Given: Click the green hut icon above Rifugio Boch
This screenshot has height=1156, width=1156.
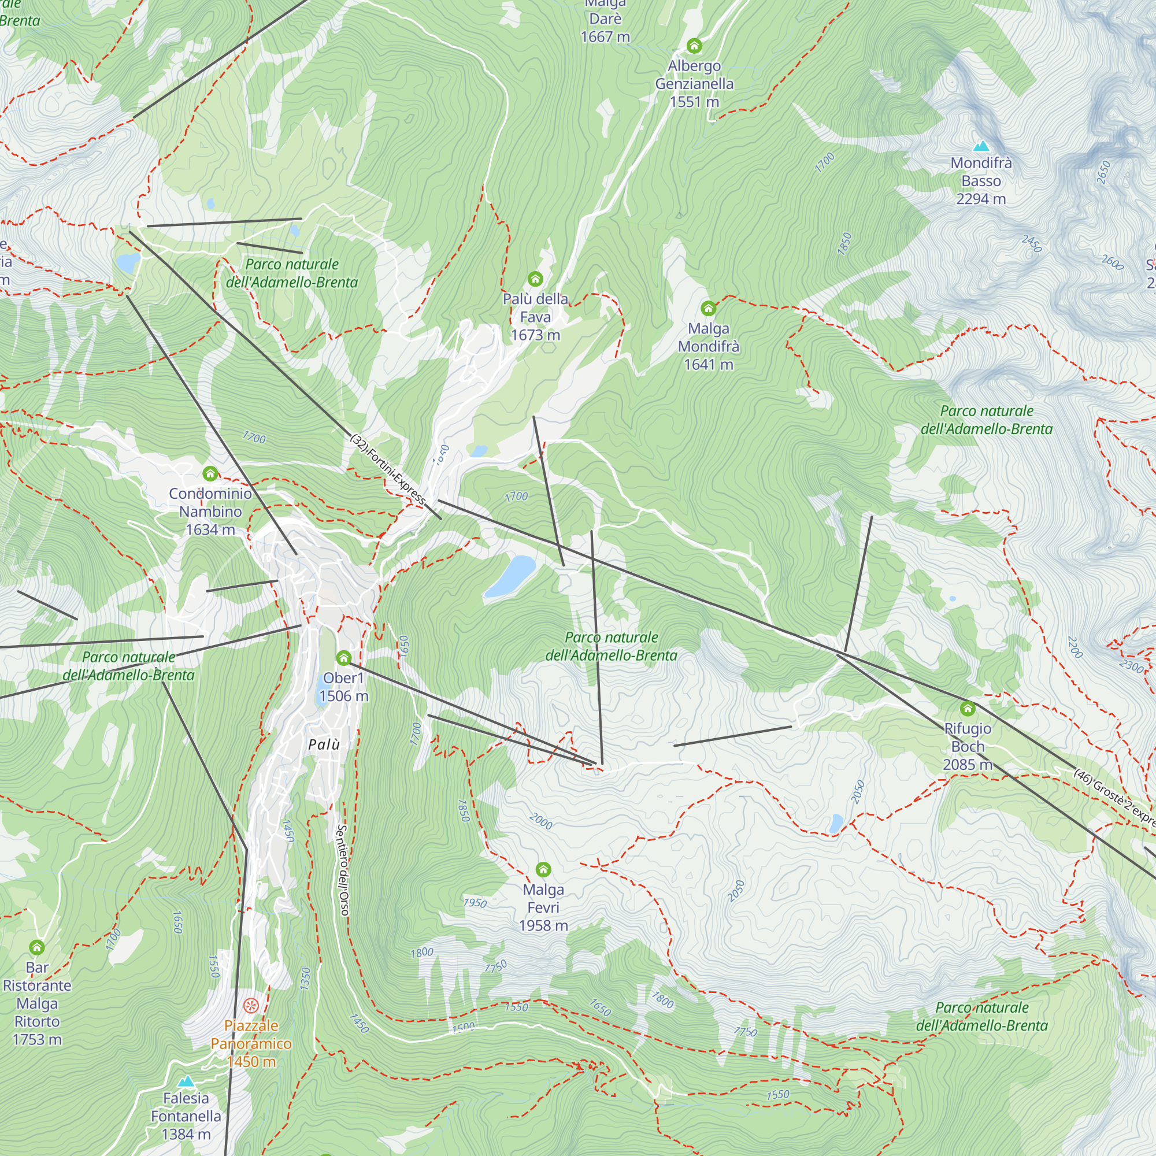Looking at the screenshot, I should [968, 709].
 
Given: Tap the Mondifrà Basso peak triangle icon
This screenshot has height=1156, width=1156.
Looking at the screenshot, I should [981, 146].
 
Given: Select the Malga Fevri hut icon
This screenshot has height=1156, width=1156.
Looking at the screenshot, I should [543, 869].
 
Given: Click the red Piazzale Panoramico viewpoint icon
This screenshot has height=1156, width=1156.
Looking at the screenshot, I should [251, 1005].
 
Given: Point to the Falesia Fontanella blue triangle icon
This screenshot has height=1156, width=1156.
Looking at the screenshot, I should [187, 1081].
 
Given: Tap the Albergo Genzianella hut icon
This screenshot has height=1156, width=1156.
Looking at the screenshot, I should [694, 46].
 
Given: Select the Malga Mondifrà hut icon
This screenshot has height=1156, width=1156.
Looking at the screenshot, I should [709, 309].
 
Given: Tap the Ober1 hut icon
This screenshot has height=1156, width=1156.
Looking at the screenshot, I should [343, 658].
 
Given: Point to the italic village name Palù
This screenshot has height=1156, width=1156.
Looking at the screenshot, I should [324, 744].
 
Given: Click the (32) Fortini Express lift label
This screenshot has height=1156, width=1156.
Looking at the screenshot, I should [388, 470].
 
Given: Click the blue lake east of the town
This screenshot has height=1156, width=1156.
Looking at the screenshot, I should [510, 575].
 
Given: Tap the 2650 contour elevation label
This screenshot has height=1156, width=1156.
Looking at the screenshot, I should [1104, 172].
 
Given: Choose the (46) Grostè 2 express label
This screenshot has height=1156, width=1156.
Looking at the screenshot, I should [1114, 798].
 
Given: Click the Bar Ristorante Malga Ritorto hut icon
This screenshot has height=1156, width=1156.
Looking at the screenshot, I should [37, 947].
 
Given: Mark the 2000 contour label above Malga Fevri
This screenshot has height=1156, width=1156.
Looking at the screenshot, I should [541, 821].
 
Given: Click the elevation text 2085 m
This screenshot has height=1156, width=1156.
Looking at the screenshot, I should [967, 765].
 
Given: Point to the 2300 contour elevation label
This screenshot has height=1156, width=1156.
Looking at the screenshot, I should [1131, 666].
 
